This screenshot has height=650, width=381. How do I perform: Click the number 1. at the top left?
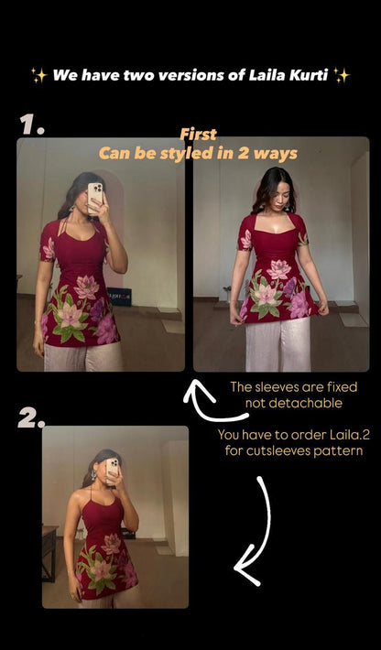(x=31, y=125)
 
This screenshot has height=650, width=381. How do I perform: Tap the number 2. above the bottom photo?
(x=32, y=417)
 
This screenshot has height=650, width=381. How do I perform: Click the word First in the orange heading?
(x=198, y=135)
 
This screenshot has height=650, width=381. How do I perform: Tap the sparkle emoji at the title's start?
(x=38, y=75)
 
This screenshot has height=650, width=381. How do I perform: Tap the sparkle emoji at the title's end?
(x=341, y=75)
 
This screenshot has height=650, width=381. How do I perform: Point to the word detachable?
(x=309, y=404)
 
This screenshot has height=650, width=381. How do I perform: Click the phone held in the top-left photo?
(x=96, y=195)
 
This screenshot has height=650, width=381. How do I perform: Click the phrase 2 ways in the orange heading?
(x=271, y=153)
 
